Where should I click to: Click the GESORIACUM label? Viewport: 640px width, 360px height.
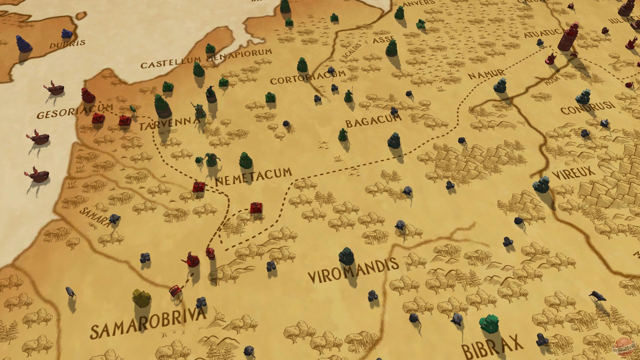pyautogui.click(x=74, y=111)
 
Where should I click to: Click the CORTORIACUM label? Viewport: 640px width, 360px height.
pyautogui.click(x=307, y=77)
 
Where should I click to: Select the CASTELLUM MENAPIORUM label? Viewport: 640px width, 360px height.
pyautogui.click(x=206, y=59)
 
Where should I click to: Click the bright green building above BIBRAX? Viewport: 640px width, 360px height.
pyautogui.click(x=489, y=323)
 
